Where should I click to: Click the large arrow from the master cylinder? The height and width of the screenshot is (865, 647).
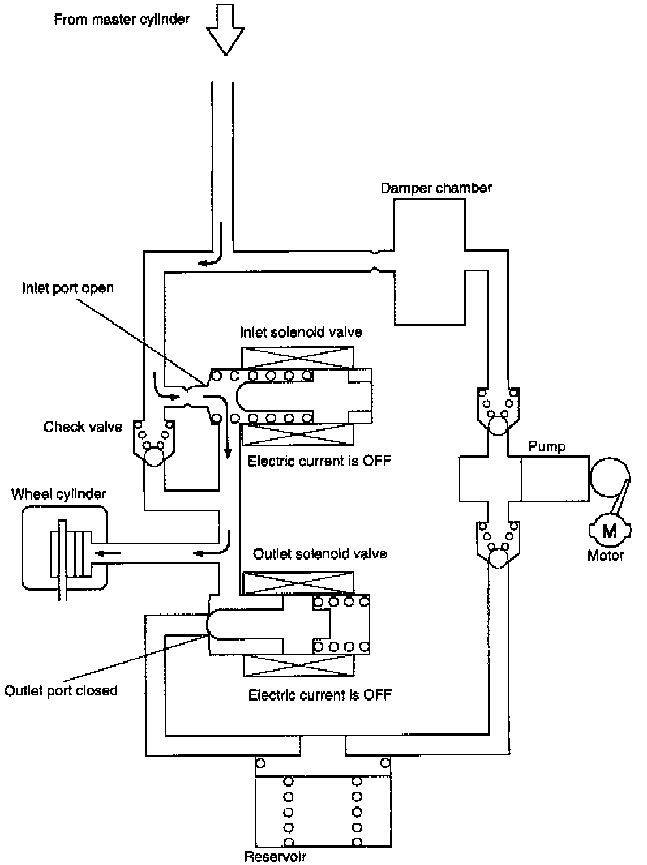pos(226,29)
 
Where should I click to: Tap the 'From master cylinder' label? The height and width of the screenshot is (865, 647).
pos(121,20)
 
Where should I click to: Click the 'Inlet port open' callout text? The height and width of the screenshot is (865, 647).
pos(68,288)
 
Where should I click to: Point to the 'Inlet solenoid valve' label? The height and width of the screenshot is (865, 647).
pos(301,332)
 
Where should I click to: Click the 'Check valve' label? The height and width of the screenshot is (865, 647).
pos(83,427)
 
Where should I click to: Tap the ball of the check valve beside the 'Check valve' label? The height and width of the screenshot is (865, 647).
pos(154,457)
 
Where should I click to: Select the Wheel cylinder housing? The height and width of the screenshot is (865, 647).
pos(64,548)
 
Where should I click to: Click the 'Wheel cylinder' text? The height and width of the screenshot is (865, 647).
pos(59,494)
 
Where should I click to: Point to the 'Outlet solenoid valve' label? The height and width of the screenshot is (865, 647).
pos(320,554)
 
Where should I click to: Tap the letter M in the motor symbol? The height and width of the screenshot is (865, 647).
pos(610,530)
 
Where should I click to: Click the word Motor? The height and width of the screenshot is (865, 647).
pos(606,556)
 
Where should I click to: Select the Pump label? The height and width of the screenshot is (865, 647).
pos(547,446)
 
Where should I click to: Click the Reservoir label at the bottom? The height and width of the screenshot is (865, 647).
pos(275,857)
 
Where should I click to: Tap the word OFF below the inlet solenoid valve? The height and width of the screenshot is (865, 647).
pos(377,461)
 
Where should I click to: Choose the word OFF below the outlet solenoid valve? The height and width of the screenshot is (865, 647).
pos(378,695)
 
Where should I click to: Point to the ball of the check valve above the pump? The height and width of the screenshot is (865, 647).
pos(498,425)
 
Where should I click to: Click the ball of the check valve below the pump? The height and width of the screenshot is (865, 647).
pos(498,558)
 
